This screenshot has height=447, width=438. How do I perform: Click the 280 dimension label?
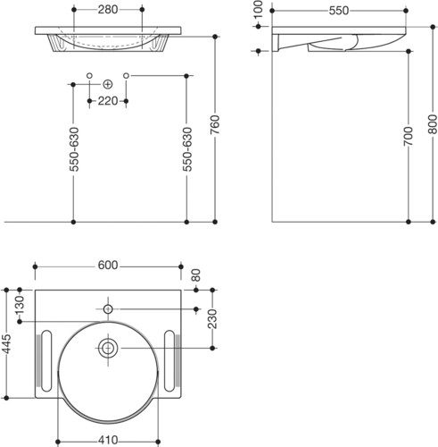tap(108, 10)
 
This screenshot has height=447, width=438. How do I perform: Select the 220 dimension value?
tap(108, 101)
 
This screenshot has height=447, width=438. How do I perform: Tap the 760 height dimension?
tap(215, 124)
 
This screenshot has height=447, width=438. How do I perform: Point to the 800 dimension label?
tap(433, 124)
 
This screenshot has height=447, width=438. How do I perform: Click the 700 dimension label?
tap(409, 136)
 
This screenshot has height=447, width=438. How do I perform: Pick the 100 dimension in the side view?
tap(258, 9)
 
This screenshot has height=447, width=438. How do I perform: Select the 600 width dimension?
tap(108, 265)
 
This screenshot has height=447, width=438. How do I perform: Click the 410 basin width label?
tap(108, 440)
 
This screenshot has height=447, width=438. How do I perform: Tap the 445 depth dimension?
tap(6, 344)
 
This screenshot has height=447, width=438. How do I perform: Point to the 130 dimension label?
tap(20, 305)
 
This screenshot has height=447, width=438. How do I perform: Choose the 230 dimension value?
tap(212, 318)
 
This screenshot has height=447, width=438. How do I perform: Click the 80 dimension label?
tap(196, 275)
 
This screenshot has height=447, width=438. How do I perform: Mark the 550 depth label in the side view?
tap(339, 11)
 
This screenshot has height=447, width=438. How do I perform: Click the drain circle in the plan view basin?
tap(108, 348)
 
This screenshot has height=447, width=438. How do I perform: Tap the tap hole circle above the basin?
tap(108, 309)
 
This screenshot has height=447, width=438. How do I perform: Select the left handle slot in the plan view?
tap(46, 360)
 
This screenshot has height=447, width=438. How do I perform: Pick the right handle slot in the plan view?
tap(169, 360)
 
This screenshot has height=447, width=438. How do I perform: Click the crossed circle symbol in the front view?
tap(108, 85)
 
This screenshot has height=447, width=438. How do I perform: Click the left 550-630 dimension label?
tap(74, 149)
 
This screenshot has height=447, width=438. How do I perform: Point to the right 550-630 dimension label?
tap(187, 149)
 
